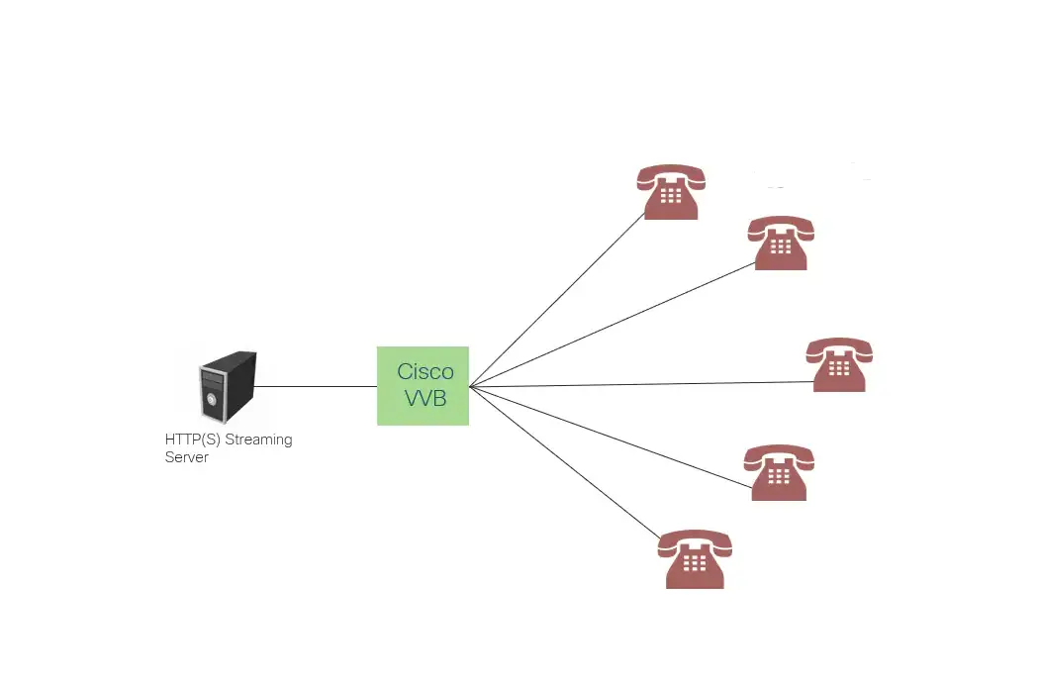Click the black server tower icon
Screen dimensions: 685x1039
coord(227,387)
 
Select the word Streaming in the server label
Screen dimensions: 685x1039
coord(259,440)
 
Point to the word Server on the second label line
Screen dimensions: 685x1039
coord(186,457)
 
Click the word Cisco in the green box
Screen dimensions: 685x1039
coord(425,372)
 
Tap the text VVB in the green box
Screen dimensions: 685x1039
coord(425,399)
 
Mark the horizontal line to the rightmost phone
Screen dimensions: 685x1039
coord(643,384)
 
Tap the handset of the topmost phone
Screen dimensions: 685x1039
coord(671,175)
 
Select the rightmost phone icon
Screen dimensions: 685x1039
coord(839,364)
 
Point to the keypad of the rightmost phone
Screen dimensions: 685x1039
coord(839,369)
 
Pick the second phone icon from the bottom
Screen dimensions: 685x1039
coord(779,472)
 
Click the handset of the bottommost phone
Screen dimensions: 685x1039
coord(695,540)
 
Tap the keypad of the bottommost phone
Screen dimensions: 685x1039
coord(695,562)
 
